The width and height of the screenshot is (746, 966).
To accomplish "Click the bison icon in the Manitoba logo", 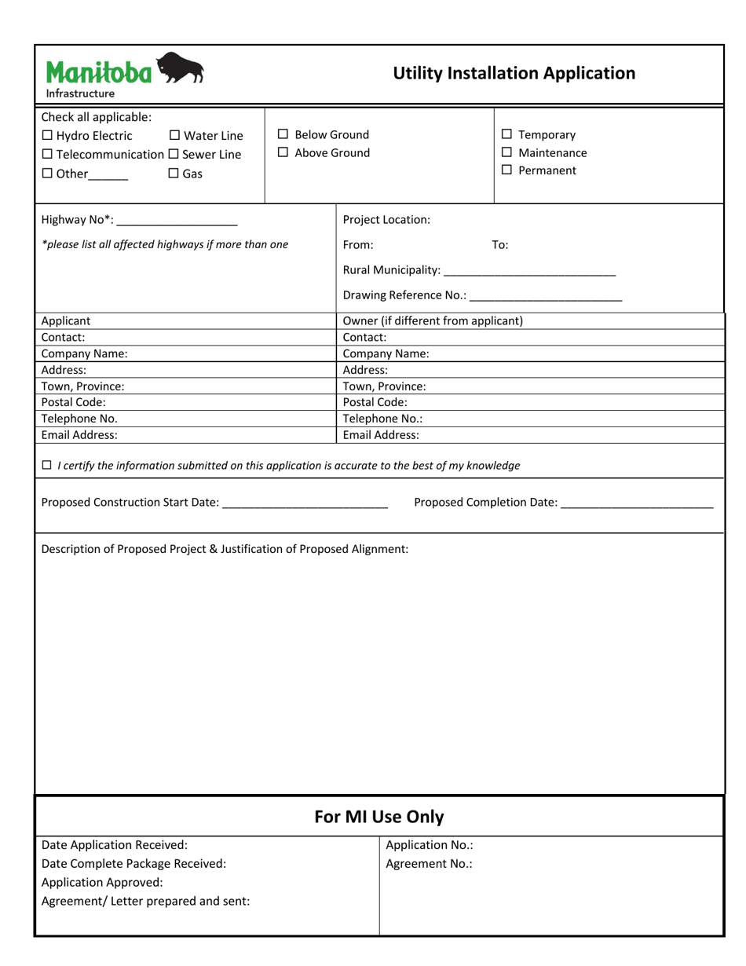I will point(181,69).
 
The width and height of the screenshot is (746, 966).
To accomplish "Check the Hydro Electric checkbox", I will point(47,136).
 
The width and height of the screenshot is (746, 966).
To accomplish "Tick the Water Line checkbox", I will point(174,136).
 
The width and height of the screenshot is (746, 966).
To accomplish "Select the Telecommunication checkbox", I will point(47,155).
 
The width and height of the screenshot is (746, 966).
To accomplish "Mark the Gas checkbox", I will point(174,174).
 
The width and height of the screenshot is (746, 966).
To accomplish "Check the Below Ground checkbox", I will point(283,134).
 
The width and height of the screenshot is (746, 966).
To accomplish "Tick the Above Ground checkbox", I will point(283,152).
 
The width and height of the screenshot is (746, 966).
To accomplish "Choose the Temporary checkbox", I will point(506,134).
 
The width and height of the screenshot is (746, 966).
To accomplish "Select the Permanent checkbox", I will point(506,170).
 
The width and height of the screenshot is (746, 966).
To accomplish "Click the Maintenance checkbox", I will point(506,152).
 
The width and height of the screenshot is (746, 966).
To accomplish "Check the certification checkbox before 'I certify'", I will point(47,465).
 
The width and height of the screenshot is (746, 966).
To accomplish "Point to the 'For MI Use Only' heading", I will point(378,817).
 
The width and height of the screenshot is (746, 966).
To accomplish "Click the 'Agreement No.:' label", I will point(429,864).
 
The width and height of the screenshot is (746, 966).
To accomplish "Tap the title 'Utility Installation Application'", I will point(514,73).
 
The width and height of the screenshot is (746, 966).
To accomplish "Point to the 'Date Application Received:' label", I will point(115,845).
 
